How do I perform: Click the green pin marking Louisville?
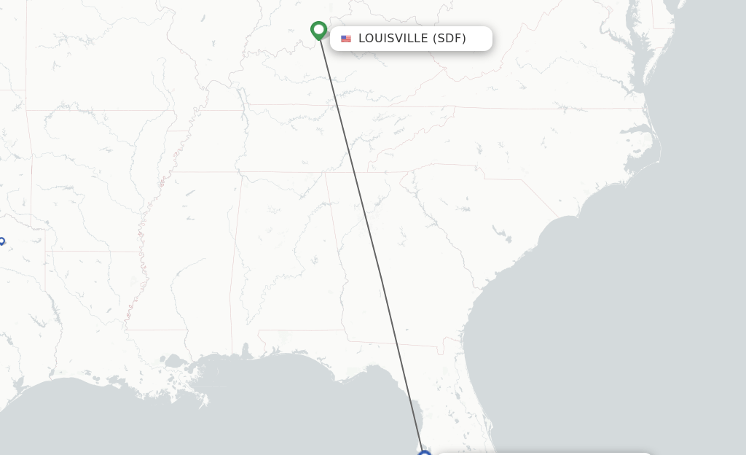[x=318, y=30]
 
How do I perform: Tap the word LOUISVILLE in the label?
[x=393, y=39]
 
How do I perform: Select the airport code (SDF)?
[x=449, y=39]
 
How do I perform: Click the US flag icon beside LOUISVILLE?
[x=346, y=39]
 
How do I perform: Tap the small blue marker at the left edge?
[x=1, y=241]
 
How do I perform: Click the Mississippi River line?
[x=146, y=241]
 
